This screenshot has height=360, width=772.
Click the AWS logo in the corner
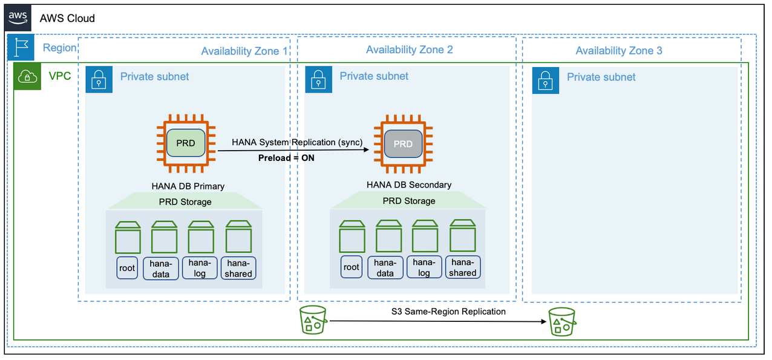coord(19,18)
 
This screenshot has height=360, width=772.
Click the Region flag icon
coord(21,48)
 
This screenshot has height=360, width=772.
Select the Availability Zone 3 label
coord(618,51)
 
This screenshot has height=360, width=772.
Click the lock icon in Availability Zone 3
coord(546,80)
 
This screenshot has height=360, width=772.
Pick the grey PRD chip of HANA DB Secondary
coord(403,144)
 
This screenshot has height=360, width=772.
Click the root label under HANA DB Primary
coord(127,268)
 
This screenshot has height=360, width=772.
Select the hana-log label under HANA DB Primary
coord(200,268)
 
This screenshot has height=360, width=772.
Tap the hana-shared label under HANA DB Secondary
coord(463,267)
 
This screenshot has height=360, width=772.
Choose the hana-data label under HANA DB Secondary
coord(385,267)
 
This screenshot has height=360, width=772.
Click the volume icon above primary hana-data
coord(164,237)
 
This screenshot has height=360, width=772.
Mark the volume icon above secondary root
coord(352,236)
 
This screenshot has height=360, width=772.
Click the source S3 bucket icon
coord(313,320)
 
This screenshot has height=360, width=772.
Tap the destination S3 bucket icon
coord(562,321)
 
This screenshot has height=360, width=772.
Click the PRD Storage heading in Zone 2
coord(409,201)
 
